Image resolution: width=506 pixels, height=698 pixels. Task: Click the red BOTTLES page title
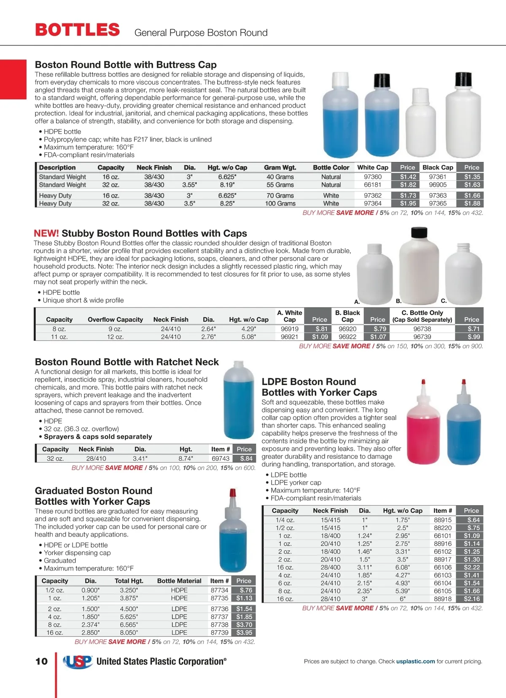(78, 30)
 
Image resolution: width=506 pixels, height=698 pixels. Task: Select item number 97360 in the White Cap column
(373, 177)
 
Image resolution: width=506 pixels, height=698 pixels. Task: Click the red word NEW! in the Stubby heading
(46, 234)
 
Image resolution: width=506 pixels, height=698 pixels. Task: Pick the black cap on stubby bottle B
(419, 232)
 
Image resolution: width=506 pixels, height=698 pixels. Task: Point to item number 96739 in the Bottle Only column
(422, 337)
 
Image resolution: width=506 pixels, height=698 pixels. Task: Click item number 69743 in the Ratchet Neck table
(221, 458)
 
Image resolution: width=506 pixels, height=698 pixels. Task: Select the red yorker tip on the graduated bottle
(232, 493)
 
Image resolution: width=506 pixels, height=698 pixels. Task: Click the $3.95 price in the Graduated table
(244, 633)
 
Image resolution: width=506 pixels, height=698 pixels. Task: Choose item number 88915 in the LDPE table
(443, 520)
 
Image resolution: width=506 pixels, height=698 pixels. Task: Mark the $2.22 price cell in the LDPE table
(472, 567)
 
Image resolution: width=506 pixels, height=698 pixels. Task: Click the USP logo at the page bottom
(78, 662)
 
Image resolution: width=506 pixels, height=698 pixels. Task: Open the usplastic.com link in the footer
(415, 661)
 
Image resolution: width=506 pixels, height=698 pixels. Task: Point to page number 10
(41, 661)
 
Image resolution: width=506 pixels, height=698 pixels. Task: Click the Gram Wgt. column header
(280, 167)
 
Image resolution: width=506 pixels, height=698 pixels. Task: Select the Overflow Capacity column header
(115, 320)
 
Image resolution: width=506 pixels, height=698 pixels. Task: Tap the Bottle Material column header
(179, 581)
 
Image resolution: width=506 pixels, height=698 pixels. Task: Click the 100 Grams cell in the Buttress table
(280, 203)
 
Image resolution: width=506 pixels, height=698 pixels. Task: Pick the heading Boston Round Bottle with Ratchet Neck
(126, 362)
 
